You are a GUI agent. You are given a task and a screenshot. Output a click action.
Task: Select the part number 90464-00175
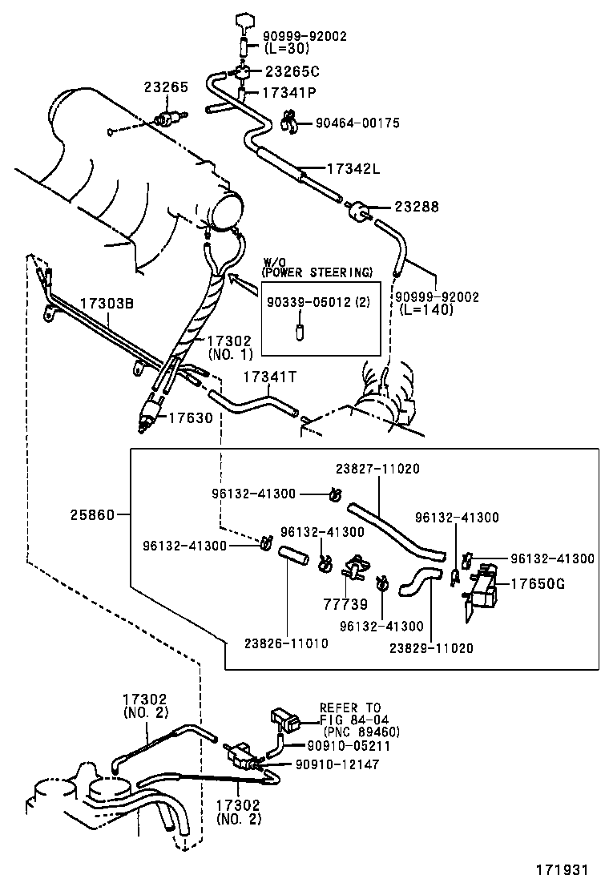click(357, 123)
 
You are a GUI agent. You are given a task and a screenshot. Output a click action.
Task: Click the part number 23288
click(416, 207)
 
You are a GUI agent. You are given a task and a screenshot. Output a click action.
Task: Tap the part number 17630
click(190, 417)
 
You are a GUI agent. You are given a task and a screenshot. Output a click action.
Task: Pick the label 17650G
click(538, 583)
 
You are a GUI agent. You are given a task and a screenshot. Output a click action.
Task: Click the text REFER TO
click(350, 708)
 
